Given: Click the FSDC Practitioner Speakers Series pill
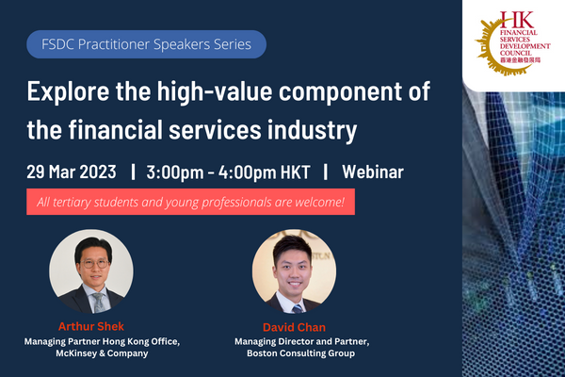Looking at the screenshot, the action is [146, 44].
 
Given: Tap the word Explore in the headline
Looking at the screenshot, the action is [68, 91].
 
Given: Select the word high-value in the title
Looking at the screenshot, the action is [215, 90].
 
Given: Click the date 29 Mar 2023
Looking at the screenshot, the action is [72, 172].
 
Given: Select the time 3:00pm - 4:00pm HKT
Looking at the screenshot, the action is [228, 172].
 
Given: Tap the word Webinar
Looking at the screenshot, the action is [373, 172].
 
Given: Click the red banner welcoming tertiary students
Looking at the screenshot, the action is [190, 202].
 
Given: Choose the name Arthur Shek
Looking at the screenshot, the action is [91, 326].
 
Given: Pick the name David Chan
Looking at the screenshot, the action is [295, 327].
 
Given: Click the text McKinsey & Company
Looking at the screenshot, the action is [102, 353].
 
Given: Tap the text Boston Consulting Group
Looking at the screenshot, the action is [301, 353].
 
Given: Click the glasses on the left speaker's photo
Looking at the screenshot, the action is [95, 264].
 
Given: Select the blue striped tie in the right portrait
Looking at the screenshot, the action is [298, 309].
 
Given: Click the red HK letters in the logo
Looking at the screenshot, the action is [517, 20].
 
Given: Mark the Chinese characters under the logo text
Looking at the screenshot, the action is [521, 60].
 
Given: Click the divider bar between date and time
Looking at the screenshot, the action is [134, 172].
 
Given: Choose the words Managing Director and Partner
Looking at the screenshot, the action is [302, 341].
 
